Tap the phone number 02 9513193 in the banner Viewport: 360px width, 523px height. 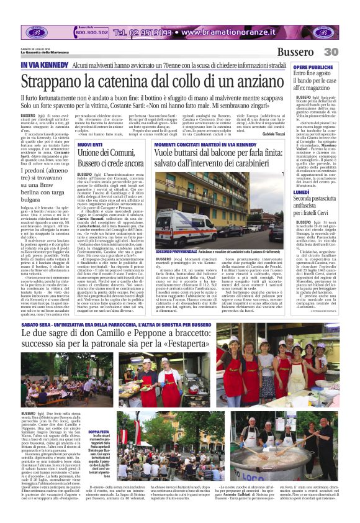pos(142,32)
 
